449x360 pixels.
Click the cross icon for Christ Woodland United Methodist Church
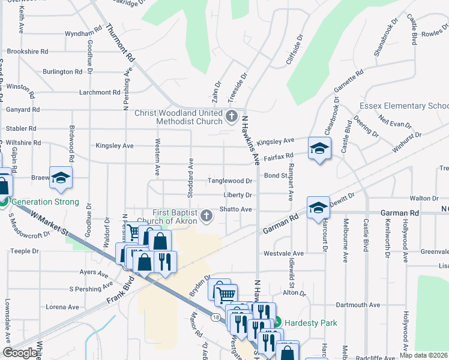pos(232,116)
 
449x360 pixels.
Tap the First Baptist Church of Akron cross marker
pos(206,215)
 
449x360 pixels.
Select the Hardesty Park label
pos(310,323)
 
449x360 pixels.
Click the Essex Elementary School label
pos(403,106)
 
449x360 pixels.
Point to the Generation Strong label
pos(44,202)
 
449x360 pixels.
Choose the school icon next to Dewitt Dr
pos(318,208)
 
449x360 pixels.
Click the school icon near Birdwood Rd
pos(61,178)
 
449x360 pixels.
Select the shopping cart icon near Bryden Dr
pos(225,294)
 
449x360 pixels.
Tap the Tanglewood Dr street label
pos(230,181)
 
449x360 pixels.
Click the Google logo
pos(20,353)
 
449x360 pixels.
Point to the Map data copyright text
pos(424,355)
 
